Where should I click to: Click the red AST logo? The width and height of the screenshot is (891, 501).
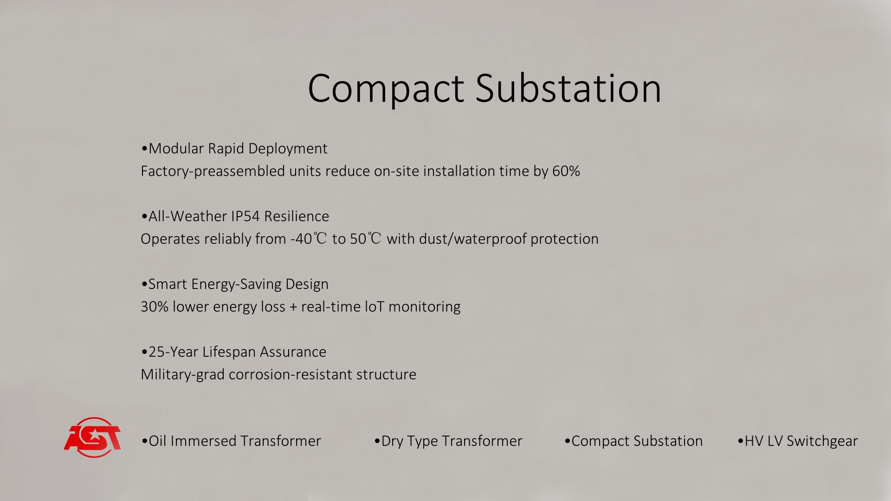tap(92, 437)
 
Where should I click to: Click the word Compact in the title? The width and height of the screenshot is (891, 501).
tap(386, 89)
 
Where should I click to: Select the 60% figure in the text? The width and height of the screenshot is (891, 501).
tap(566, 171)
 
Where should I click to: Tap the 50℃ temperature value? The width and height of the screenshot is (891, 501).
tap(366, 239)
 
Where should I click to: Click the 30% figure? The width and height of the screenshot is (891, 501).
tap(155, 307)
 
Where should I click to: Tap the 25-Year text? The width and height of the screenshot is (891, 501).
tap(173, 352)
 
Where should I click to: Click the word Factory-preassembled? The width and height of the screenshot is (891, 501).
tap(213, 172)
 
